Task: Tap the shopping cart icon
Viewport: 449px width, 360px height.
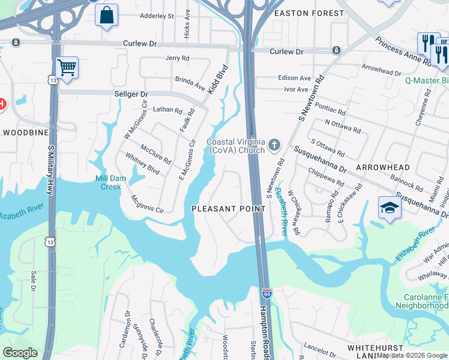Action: pyautogui.click(x=67, y=68)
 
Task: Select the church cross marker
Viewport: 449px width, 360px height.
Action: pyautogui.click(x=274, y=144)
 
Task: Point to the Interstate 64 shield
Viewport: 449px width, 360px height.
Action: pyautogui.click(x=267, y=295)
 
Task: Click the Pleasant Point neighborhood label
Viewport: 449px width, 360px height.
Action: pyautogui.click(x=228, y=209)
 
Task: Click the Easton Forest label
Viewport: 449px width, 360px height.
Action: pyautogui.click(x=309, y=13)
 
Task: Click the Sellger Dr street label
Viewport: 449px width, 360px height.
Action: pyautogui.click(x=131, y=94)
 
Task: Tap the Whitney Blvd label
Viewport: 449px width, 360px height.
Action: pyautogui.click(x=142, y=163)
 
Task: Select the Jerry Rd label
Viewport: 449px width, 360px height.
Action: pyautogui.click(x=177, y=58)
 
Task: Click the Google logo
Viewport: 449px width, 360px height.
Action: pyautogui.click(x=20, y=353)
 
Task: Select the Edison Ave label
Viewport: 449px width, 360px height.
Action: pyautogui.click(x=295, y=78)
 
